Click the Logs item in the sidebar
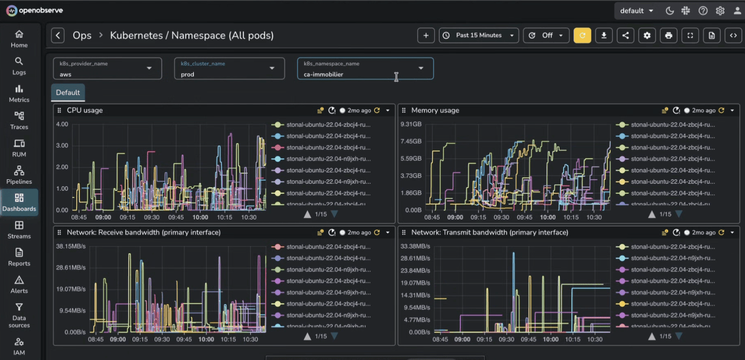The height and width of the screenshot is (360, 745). coord(19,66)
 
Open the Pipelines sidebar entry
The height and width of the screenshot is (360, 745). coord(19,175)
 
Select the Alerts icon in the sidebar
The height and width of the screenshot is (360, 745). coord(19,284)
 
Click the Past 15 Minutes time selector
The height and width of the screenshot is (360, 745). coord(479,35)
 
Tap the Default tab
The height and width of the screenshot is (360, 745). coord(68,93)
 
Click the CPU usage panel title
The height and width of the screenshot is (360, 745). coord(85,110)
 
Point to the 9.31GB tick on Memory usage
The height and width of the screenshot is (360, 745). coord(411,124)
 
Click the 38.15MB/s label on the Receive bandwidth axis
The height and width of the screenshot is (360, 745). coord(71,246)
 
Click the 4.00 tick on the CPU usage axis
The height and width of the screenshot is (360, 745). coord(62,124)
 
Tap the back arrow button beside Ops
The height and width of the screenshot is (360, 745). coord(58,35)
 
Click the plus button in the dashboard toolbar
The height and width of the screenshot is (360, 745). coord(425,35)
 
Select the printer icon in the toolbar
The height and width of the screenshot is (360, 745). coord(668,35)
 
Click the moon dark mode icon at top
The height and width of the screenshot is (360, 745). coord(669,11)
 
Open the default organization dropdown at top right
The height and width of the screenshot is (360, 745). coord(636,11)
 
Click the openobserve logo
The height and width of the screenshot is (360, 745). coord(35,10)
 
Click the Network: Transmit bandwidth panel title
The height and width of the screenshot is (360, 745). coord(489,232)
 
